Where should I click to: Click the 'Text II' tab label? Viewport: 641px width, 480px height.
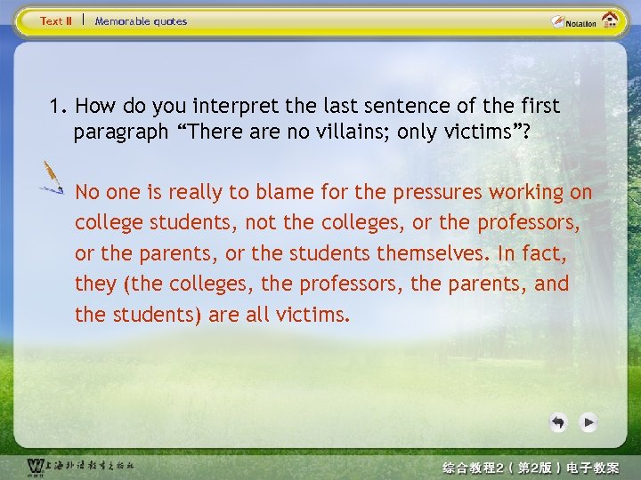click(x=55, y=21)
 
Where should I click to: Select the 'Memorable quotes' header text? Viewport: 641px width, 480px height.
click(x=141, y=21)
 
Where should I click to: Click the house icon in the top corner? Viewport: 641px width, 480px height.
click(x=610, y=20)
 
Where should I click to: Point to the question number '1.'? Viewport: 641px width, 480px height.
click(x=60, y=107)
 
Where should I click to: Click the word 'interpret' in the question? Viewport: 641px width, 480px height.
click(x=243, y=107)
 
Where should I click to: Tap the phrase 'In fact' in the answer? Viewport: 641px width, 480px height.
click(x=533, y=253)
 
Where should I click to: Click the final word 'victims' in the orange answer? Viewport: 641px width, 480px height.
click(x=312, y=315)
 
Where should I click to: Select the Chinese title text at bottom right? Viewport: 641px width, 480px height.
click(x=531, y=467)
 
